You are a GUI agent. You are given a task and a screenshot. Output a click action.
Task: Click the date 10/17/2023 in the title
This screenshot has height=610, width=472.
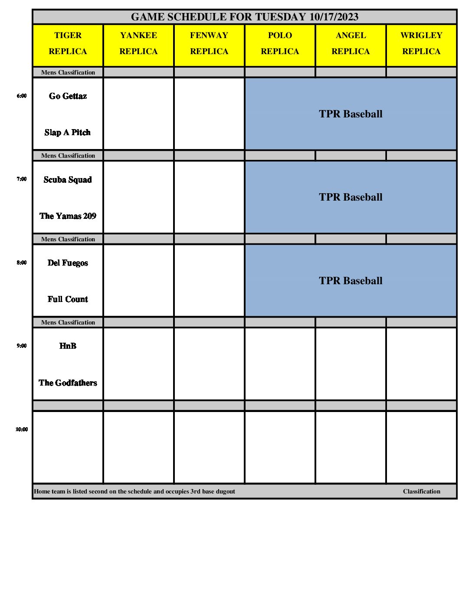coord(334,17)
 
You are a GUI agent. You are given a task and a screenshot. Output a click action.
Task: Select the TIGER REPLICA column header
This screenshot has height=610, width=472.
coord(68,43)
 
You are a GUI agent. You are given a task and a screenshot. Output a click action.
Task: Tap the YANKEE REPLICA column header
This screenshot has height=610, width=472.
coord(138,43)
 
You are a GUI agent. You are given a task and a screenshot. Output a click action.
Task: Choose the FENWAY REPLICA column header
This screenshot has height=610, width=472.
coord(209,43)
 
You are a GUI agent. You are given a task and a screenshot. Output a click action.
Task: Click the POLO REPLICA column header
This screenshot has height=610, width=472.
coord(280,43)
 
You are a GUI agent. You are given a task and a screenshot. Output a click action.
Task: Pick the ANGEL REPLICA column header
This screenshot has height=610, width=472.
coord(351,43)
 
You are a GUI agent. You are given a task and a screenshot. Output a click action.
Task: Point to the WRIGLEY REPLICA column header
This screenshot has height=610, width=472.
coord(421,43)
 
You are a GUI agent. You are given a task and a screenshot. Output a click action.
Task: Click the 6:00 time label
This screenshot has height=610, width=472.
coord(22,96)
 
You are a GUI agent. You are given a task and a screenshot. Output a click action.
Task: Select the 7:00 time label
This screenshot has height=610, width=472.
coord(22,179)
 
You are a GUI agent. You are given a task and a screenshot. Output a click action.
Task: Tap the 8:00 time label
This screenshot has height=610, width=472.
coord(22,263)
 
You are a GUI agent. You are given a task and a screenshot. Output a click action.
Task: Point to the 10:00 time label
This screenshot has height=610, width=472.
coord(22,429)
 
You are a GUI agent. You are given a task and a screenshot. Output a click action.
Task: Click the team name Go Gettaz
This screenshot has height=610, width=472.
coord(68,96)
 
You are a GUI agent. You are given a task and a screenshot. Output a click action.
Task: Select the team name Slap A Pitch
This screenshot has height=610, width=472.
coord(68,133)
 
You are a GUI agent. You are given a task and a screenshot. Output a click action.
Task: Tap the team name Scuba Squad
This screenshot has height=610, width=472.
coord(68,180)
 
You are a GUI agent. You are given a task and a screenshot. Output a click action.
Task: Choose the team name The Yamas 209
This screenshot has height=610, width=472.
coord(68,216)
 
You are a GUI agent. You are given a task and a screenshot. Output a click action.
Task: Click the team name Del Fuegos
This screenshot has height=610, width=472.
coord(68,263)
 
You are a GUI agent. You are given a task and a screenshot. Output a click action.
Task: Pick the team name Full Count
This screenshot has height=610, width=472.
coord(68,299)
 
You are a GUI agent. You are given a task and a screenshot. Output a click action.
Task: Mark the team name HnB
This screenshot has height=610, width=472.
coord(68,346)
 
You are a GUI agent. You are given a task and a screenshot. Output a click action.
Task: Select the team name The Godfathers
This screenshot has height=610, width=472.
coord(68,383)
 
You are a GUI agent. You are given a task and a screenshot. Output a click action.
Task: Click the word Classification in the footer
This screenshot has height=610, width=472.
coord(421,491)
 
